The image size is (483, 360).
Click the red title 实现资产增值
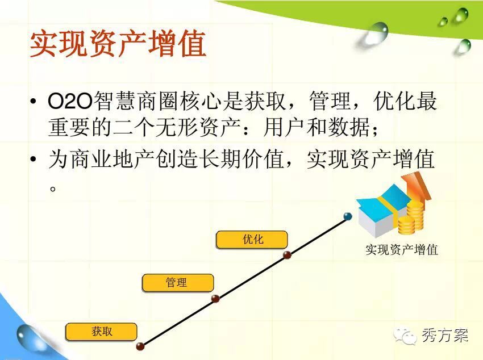click(118, 43)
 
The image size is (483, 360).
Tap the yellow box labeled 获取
click(101, 332)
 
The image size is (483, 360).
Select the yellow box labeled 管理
click(177, 283)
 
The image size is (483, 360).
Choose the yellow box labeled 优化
click(252, 240)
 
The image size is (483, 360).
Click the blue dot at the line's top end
click(348, 216)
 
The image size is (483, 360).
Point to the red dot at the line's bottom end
click(140, 346)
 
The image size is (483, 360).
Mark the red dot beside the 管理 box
click(215, 298)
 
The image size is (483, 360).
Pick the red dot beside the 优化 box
click(287, 255)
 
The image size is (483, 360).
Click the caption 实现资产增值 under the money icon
click(402, 249)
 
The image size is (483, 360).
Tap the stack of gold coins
click(411, 217)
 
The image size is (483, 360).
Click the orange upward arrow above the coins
click(415, 187)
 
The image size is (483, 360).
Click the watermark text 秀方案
click(445, 336)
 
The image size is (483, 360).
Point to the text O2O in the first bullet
click(70, 101)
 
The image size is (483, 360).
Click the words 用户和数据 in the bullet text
click(317, 127)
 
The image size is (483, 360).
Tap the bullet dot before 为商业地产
click(34, 159)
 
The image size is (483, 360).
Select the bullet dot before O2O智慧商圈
click(34, 101)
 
